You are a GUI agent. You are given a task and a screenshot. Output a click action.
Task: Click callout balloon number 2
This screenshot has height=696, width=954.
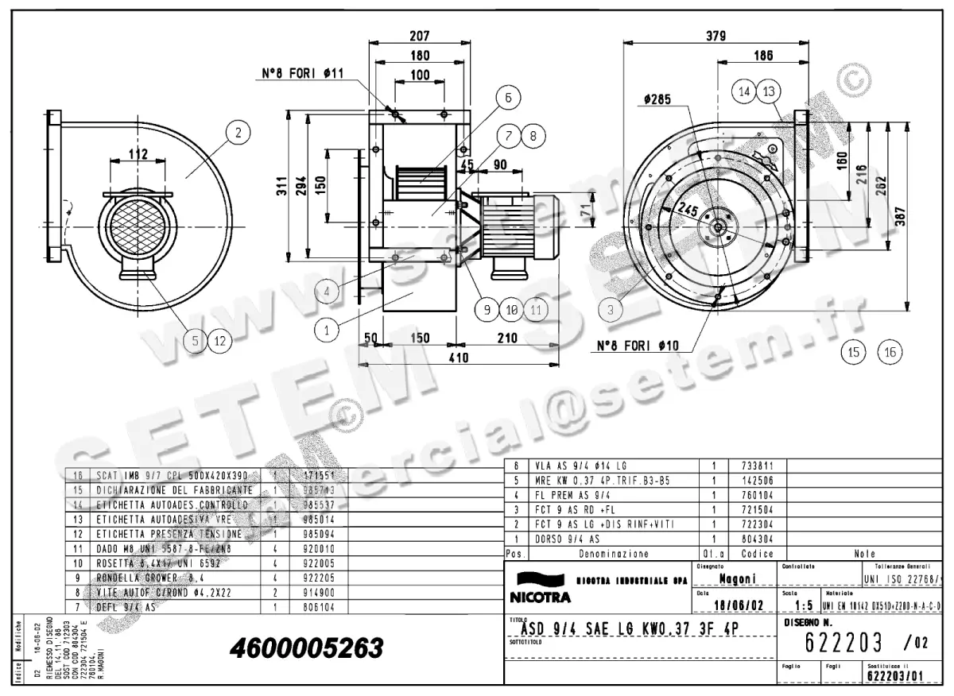[x=237, y=133]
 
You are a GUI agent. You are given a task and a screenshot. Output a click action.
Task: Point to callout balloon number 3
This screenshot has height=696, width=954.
[x=611, y=311]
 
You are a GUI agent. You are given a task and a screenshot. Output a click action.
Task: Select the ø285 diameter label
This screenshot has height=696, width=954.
[x=657, y=100]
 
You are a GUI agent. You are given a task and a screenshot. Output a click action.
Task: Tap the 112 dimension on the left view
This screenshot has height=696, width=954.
[x=139, y=154]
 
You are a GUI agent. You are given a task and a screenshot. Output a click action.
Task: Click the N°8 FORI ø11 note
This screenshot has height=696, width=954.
[x=303, y=73]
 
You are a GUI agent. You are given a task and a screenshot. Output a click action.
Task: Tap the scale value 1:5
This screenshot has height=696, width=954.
[x=802, y=605]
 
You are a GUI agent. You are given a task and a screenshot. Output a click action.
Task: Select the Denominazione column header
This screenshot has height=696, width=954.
[x=613, y=553]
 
